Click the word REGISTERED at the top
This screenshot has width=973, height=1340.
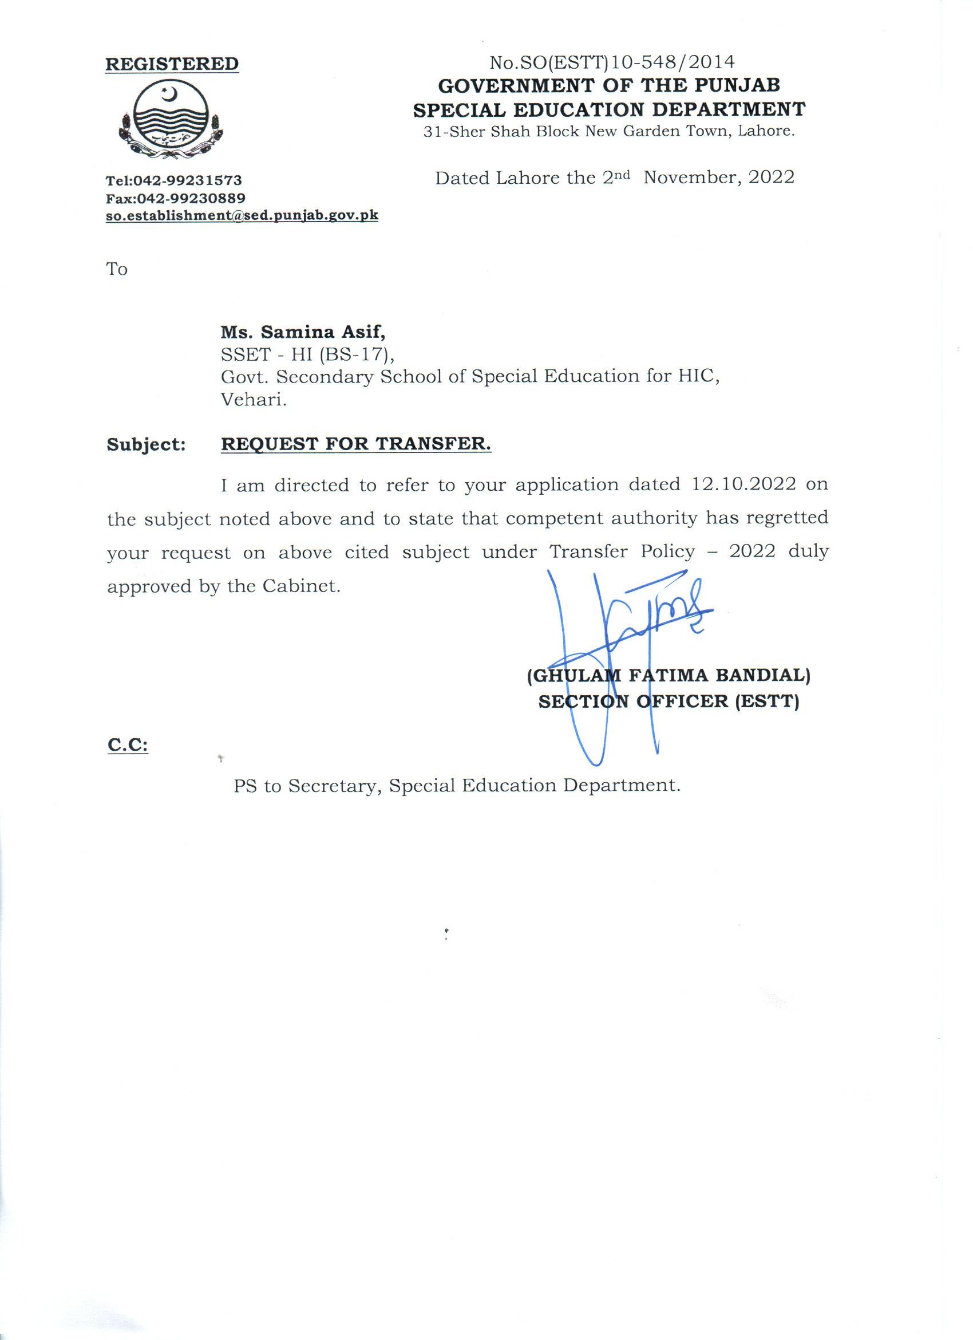point(172,64)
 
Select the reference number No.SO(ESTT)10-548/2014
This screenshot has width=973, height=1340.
point(612,61)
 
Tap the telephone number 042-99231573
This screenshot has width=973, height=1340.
point(188,180)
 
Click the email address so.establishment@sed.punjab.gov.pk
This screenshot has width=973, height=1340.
point(242,216)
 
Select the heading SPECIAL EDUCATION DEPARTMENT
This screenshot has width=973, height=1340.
point(609,109)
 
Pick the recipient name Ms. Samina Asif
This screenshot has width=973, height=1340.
point(303,333)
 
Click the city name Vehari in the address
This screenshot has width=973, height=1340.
point(254,400)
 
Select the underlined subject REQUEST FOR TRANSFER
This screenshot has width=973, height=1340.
point(356,444)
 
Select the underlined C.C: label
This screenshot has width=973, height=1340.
point(128,746)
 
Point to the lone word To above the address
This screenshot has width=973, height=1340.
point(117,269)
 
